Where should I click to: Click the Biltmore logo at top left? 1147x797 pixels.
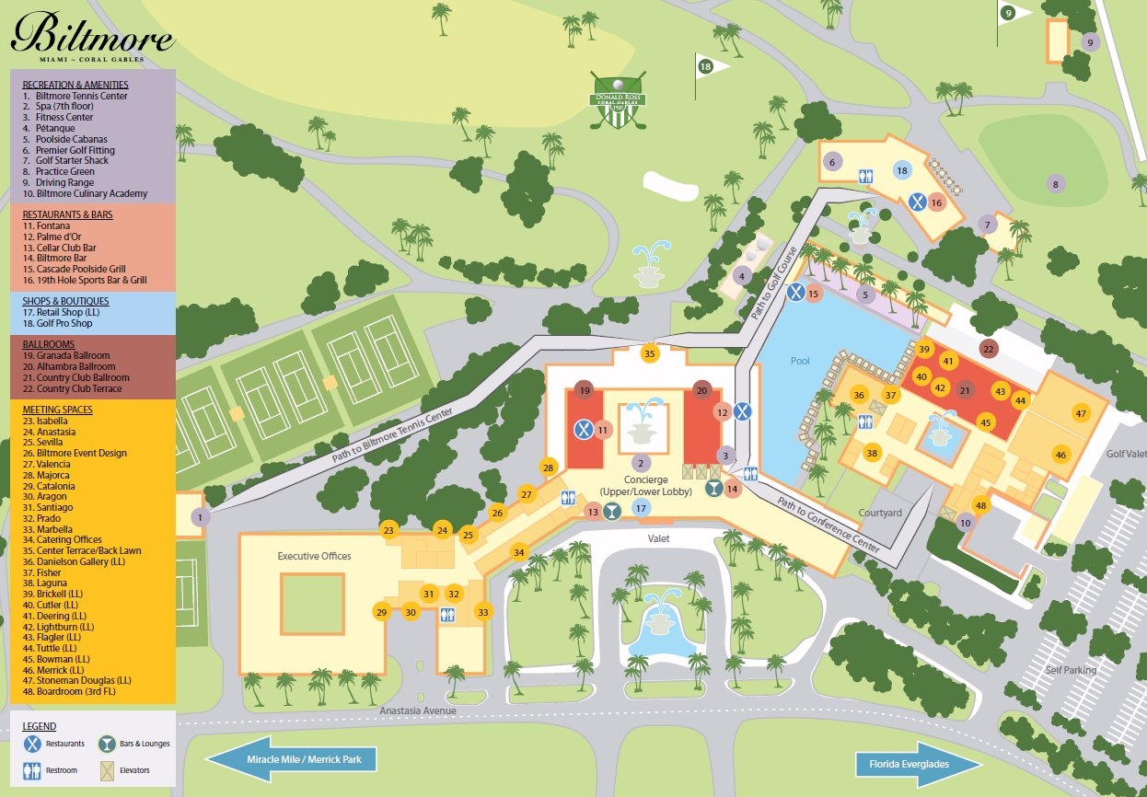92,38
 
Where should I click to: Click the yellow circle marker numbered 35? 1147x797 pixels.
650,353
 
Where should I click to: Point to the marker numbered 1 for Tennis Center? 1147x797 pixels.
201,518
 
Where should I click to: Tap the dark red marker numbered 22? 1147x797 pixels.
989,349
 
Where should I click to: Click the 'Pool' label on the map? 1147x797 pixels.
800,361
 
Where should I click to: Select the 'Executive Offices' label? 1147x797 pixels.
314,556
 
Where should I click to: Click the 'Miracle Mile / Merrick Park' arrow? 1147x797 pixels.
292,760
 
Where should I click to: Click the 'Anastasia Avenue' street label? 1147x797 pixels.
418,710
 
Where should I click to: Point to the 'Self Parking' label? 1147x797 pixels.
1071,670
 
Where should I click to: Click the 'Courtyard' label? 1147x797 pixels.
881,513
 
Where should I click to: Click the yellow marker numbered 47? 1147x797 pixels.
1081,414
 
